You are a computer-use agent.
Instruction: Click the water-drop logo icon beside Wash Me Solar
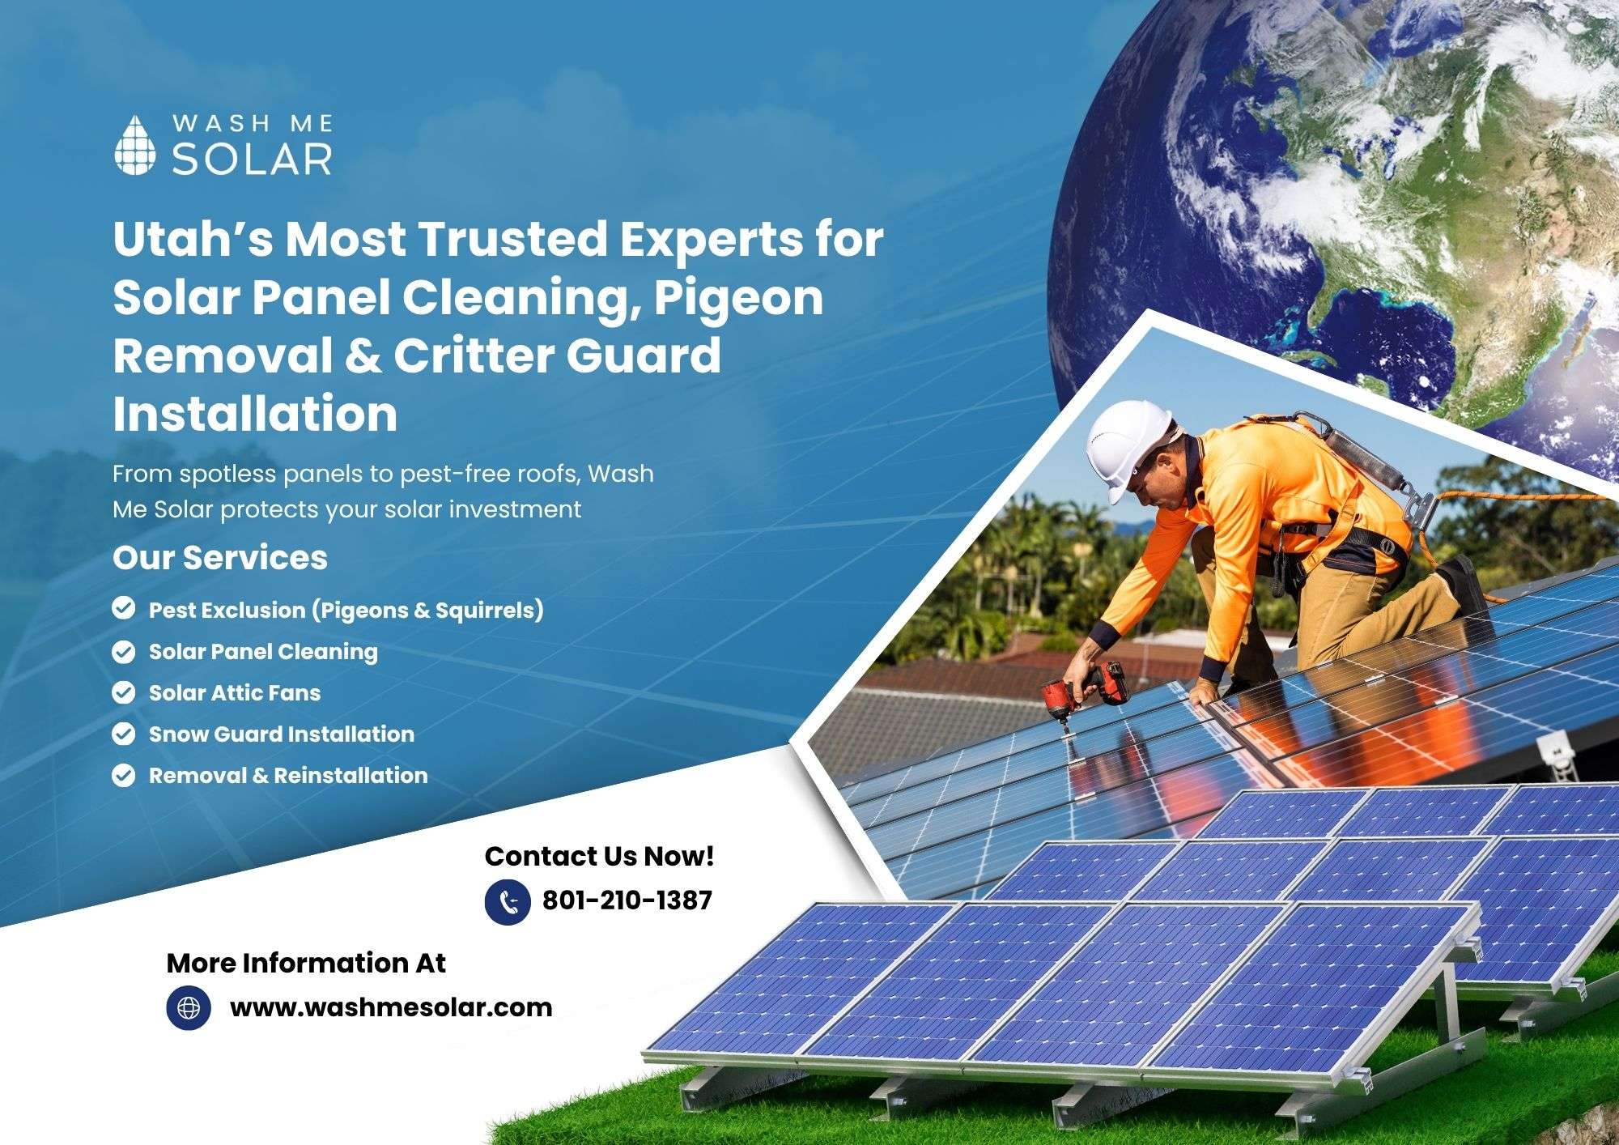point(134,145)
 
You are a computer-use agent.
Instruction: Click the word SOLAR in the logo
point(252,159)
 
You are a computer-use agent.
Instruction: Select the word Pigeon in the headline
point(739,298)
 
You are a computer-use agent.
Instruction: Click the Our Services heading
point(220,557)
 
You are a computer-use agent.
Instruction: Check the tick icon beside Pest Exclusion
point(123,609)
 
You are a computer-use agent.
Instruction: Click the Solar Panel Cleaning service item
point(263,652)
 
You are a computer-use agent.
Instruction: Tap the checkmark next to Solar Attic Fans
point(123,693)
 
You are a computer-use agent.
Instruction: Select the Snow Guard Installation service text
point(282,734)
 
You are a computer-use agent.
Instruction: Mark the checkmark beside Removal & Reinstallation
point(123,776)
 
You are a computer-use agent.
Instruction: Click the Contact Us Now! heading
point(600,856)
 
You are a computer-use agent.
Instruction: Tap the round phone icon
point(508,903)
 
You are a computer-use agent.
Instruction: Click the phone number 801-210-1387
point(627,900)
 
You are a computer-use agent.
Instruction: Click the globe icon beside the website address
point(189,1007)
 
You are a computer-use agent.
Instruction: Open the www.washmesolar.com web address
point(391,1007)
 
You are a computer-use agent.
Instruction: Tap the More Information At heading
point(306,963)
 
